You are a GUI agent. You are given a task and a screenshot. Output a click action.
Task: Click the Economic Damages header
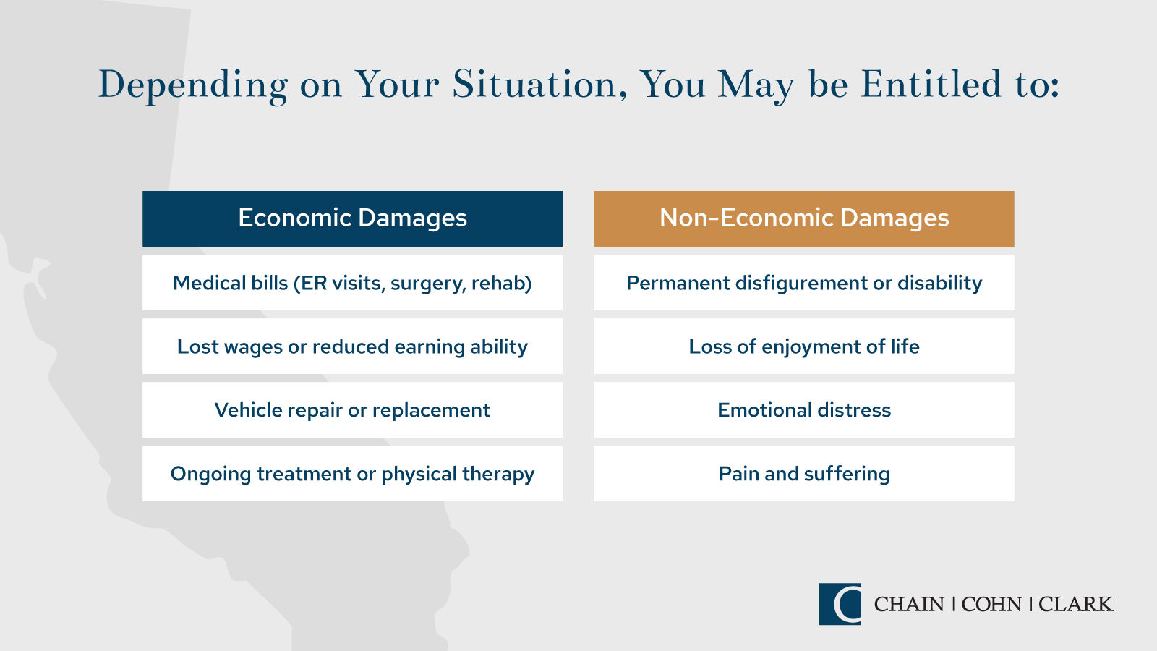tap(352, 218)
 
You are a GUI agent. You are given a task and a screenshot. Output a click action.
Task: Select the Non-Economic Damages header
tap(804, 218)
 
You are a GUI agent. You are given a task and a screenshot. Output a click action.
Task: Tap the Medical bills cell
tap(352, 283)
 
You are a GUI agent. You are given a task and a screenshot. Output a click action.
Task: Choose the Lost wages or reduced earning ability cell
tap(352, 346)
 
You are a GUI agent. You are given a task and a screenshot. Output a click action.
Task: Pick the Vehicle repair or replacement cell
tap(352, 409)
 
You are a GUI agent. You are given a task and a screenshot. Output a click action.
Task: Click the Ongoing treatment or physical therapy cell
tap(352, 473)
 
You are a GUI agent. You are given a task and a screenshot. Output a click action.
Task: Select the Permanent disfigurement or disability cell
tap(804, 283)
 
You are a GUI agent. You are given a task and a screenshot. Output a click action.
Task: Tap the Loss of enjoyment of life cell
tap(804, 346)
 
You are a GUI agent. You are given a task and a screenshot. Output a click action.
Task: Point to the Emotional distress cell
tap(804, 409)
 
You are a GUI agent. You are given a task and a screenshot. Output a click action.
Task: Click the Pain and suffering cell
tap(804, 473)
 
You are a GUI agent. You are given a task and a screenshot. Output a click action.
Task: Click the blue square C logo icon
tap(840, 604)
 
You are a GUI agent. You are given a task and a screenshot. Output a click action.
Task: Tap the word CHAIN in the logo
tap(909, 604)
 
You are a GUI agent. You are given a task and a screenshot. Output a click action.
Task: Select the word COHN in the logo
tap(991, 604)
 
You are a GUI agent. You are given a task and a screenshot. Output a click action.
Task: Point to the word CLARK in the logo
tap(1076, 604)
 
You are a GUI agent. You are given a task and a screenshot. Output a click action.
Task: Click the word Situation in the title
tap(540, 84)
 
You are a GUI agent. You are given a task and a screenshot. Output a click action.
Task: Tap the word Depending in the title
tap(193, 86)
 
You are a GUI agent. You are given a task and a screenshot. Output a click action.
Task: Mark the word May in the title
tap(756, 86)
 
